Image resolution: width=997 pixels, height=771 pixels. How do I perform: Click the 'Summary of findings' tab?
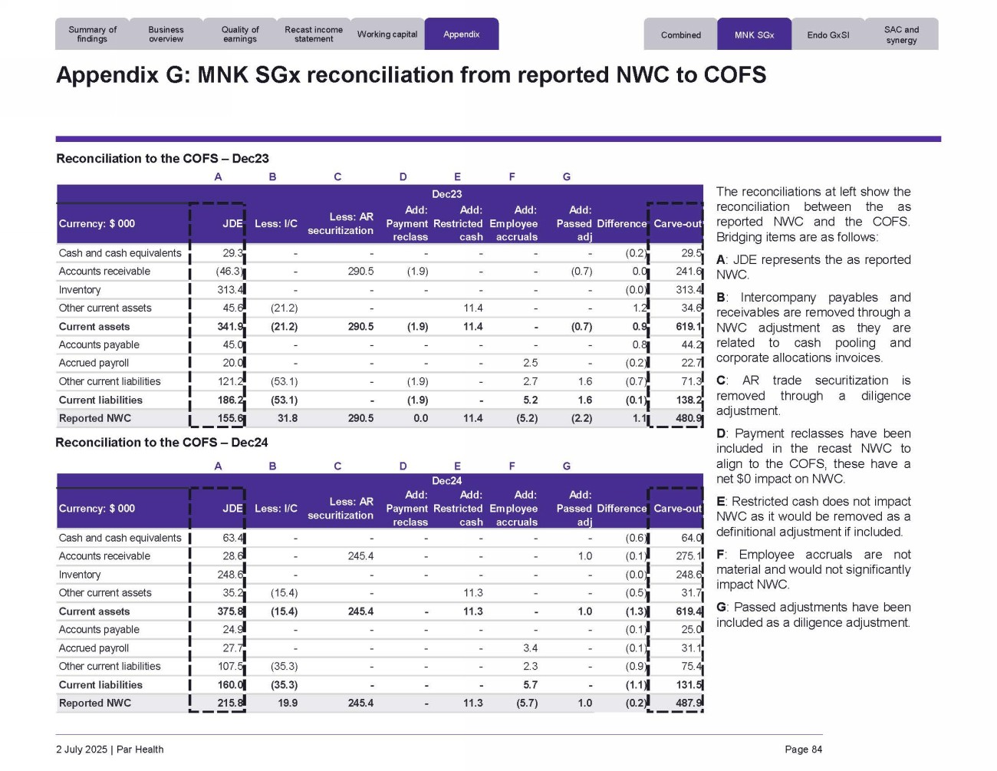pos(92,35)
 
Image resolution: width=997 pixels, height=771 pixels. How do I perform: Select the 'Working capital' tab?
pos(387,35)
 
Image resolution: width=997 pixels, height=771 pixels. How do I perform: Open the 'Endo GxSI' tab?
pos(828,35)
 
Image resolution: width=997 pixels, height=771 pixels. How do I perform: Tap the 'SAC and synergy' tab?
pos(901,35)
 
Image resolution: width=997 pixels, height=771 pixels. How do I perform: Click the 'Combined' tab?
pos(681,35)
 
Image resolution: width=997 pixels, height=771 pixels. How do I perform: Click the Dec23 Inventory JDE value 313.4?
pos(230,290)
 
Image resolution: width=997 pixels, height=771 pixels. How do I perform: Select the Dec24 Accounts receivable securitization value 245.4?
pos(360,556)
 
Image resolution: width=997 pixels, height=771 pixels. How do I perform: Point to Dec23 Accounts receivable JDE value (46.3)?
pos(229,272)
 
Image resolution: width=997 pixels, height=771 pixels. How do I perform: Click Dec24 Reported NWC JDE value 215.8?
pos(230,703)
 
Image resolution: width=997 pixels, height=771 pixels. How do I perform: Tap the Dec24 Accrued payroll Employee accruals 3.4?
pos(530,648)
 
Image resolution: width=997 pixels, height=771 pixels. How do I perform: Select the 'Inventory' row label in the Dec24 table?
pos(80,575)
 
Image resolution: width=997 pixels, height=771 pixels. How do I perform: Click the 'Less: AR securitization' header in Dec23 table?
pos(341,223)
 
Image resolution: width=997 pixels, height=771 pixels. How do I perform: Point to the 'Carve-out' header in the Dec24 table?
pos(677,509)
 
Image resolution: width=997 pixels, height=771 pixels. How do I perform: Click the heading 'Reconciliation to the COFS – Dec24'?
pos(162,443)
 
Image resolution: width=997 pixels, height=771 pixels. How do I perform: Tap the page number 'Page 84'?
pos(803,750)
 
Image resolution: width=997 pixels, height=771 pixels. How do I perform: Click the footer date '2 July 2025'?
pos(81,750)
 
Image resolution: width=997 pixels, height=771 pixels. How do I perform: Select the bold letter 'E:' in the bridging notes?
pos(721,502)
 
